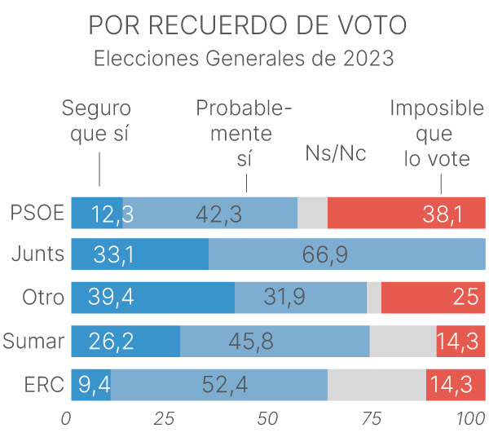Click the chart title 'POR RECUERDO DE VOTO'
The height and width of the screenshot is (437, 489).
tap(247, 26)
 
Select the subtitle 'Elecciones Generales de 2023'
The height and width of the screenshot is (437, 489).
tap(244, 60)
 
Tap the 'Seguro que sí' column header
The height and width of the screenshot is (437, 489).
tap(97, 121)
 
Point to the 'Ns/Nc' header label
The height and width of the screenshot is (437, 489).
tap(335, 153)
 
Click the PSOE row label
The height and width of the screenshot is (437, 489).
tap(37, 213)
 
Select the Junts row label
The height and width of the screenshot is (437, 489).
tap(37, 254)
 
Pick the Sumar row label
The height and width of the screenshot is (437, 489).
tap(33, 341)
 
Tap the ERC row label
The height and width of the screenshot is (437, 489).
tap(43, 384)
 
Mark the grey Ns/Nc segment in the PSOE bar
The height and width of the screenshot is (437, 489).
tap(312, 213)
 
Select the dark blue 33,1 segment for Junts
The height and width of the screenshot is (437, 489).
tap(139, 254)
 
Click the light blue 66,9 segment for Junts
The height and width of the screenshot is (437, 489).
tap(346, 254)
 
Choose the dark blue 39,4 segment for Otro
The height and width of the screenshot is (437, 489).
tap(152, 298)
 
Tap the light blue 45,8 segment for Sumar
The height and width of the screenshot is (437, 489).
tap(275, 341)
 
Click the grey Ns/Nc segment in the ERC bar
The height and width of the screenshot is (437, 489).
tap(377, 384)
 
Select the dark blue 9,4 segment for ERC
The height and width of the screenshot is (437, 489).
tap(90, 384)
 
